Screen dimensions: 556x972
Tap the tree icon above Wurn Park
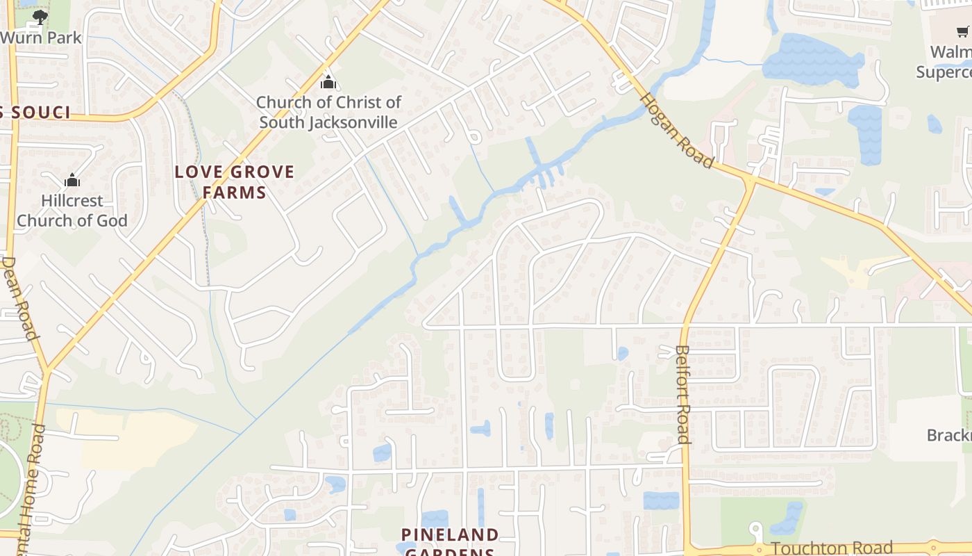click(40, 17)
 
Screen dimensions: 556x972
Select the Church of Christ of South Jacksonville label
click(329, 113)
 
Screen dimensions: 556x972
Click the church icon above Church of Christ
click(328, 82)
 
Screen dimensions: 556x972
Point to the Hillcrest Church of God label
click(72, 211)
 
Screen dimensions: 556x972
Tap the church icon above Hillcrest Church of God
click(72, 181)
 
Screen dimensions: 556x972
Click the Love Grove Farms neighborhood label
click(235, 182)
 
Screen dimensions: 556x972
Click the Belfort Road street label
click(682, 394)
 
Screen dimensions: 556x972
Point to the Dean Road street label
click(19, 298)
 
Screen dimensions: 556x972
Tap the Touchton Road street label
click(832, 548)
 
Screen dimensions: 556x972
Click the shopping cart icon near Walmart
click(962, 31)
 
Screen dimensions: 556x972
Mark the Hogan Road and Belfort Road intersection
click(750, 182)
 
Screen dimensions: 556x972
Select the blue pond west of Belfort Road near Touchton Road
click(661, 500)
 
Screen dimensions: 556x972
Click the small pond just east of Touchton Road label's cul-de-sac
click(787, 518)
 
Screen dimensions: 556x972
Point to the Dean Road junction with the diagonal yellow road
click(46, 368)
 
